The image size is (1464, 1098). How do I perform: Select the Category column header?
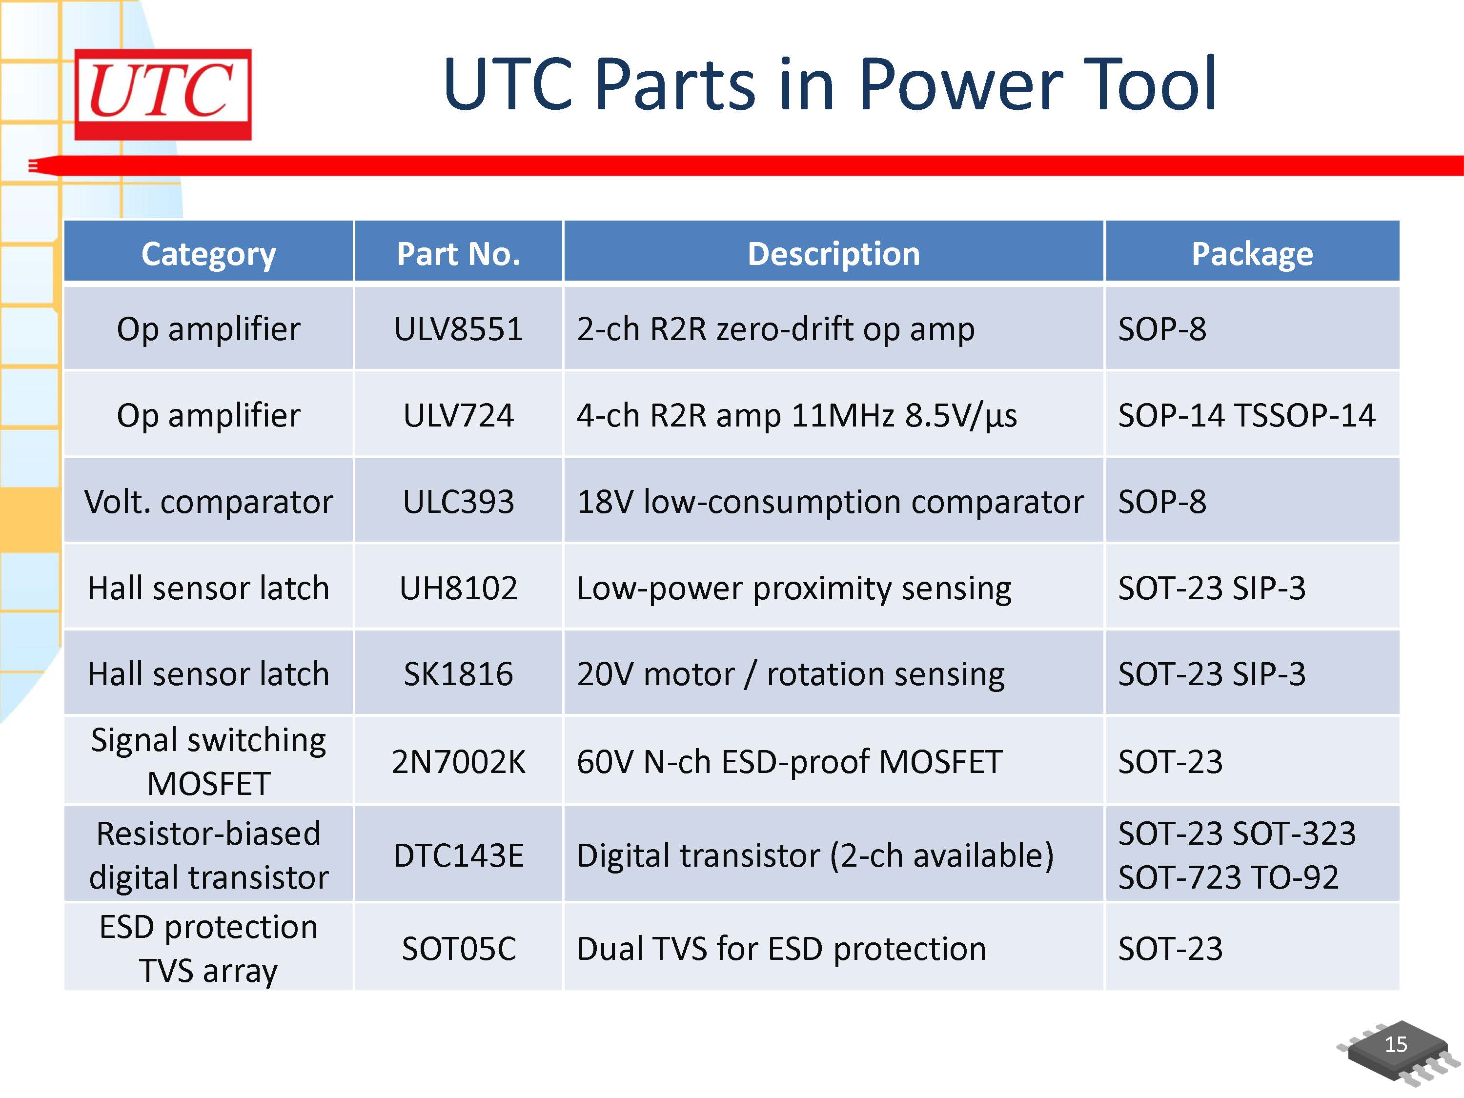[x=208, y=253]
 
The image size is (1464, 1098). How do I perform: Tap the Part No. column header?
[x=458, y=253]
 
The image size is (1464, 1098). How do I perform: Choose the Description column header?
[x=834, y=253]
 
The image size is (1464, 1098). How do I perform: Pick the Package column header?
[x=1252, y=253]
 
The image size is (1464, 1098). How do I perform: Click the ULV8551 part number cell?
[x=458, y=329]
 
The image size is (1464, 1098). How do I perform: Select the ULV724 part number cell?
[x=458, y=415]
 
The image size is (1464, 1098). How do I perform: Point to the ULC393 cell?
[x=458, y=501]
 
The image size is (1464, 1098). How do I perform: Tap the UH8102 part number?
[x=458, y=588]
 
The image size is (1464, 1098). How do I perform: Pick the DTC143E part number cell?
[x=458, y=855]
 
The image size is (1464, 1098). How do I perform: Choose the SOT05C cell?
[x=458, y=948]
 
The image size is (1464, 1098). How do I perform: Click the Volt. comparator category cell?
[x=208, y=501]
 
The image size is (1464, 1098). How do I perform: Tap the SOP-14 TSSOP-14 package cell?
[x=1246, y=415]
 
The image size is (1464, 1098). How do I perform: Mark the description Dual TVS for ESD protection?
[x=781, y=948]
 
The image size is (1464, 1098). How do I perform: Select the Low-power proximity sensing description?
[x=793, y=588]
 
